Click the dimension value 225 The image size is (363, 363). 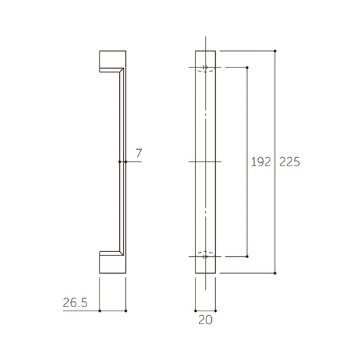(289, 162)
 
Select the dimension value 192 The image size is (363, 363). (261, 162)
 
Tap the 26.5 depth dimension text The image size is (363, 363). (75, 302)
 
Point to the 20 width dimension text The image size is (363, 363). (206, 320)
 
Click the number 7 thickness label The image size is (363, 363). (139, 153)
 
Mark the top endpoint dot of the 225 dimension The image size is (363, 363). (274, 50)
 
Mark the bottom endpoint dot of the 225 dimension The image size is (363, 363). (274, 273)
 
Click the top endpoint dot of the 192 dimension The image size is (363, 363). (247, 67)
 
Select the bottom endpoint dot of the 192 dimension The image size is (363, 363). (247, 257)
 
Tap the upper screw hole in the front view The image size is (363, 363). (205, 67)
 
